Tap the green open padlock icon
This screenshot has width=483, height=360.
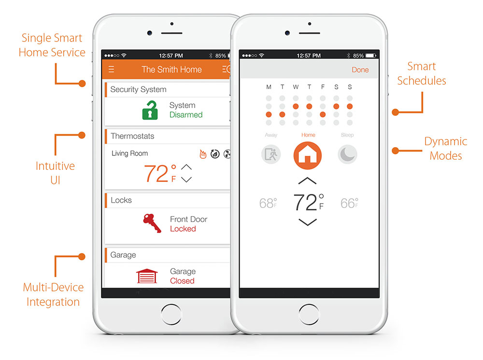tap(150, 110)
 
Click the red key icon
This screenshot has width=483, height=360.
tap(152, 223)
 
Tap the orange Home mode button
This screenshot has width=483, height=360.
tap(308, 155)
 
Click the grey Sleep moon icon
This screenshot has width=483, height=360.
tap(347, 154)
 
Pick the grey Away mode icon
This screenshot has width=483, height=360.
tap(271, 154)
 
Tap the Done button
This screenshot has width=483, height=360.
tap(360, 70)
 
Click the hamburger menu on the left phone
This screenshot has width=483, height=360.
tap(112, 69)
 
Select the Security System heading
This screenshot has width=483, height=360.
tap(138, 89)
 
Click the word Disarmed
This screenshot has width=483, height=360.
tap(186, 115)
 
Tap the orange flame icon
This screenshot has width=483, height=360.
tap(203, 154)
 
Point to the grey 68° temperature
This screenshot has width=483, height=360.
tap(268, 203)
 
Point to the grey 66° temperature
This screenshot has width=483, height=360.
tap(349, 203)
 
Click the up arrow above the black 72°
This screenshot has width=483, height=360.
tap(308, 181)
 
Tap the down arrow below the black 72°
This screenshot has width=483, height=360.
tap(308, 222)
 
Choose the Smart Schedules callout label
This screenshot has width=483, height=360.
tap(422, 73)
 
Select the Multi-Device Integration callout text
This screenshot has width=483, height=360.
tap(53, 294)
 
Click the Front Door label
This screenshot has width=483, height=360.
tap(188, 219)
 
